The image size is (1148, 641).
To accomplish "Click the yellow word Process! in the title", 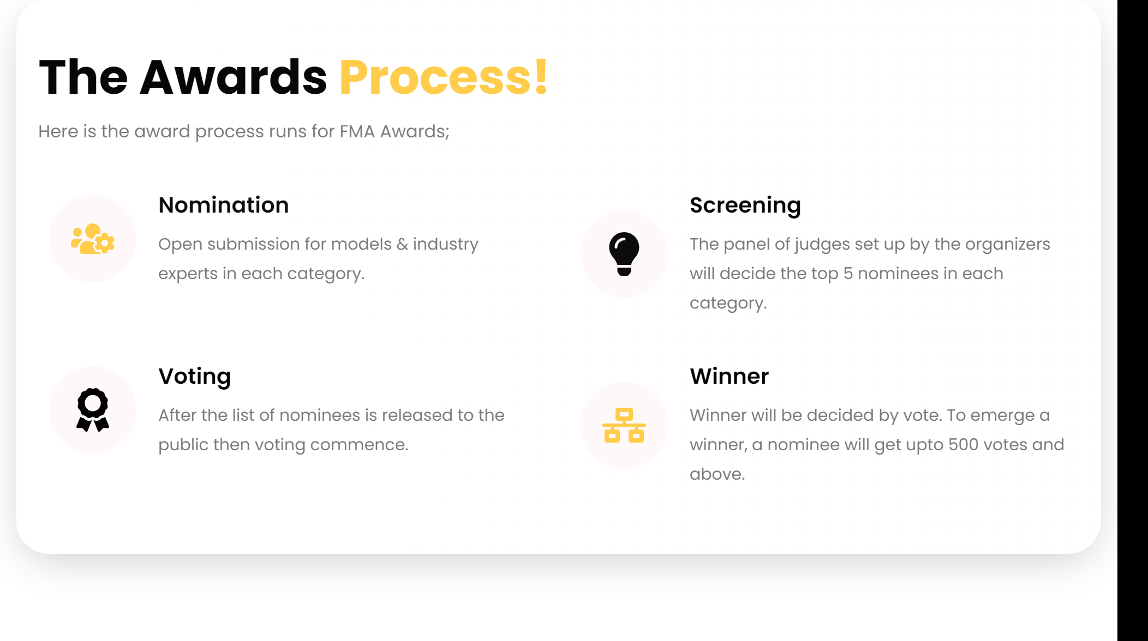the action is point(444,78).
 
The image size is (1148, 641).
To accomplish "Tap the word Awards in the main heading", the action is point(233,78).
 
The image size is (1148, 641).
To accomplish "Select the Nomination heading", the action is point(224,205).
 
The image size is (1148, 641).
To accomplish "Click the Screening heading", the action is point(745,206).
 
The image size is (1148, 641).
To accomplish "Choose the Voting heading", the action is point(195,377).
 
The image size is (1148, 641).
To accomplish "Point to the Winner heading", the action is point(730,376).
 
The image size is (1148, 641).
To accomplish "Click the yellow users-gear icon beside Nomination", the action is point(93,239).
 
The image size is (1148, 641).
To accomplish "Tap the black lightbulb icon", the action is point(624,254).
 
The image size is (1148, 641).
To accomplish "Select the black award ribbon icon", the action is point(93,410).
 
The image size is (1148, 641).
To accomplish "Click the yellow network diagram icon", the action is point(624,425).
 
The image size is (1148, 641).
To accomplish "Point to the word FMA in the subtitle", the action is point(357,131).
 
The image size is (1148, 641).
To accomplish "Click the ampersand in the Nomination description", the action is point(402,244).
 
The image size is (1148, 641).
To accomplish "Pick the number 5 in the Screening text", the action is point(848,274).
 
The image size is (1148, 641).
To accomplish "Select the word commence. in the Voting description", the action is point(359,445).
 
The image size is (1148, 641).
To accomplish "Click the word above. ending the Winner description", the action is point(717,474).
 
